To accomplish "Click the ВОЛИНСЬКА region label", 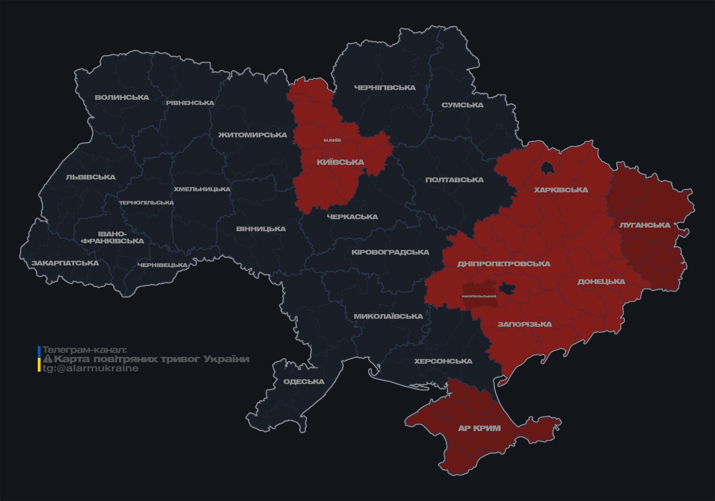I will [x=122, y=97].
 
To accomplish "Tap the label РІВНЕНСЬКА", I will [x=190, y=103].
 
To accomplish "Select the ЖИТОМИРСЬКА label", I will [x=252, y=135].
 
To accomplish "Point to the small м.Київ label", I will [x=332, y=140].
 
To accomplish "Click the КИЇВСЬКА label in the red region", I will [x=340, y=162].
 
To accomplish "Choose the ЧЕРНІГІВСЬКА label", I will [x=385, y=88].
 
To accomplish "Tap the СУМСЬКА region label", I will [x=463, y=105].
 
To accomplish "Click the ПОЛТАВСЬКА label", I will [x=455, y=180].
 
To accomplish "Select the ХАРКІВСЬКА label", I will [x=561, y=190].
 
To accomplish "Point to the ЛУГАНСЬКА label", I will [x=645, y=225].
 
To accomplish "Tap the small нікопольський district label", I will [x=479, y=296].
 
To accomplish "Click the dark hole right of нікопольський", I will [x=507, y=289].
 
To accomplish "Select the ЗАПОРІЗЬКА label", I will [x=525, y=325].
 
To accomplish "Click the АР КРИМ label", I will [x=479, y=429].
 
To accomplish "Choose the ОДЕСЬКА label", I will [x=304, y=382].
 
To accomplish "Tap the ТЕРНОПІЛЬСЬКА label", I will [x=147, y=203].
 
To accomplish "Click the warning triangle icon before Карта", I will [x=48, y=359].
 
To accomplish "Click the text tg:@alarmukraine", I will [x=91, y=368].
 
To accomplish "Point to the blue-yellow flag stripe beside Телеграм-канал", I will [x=39, y=359].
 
